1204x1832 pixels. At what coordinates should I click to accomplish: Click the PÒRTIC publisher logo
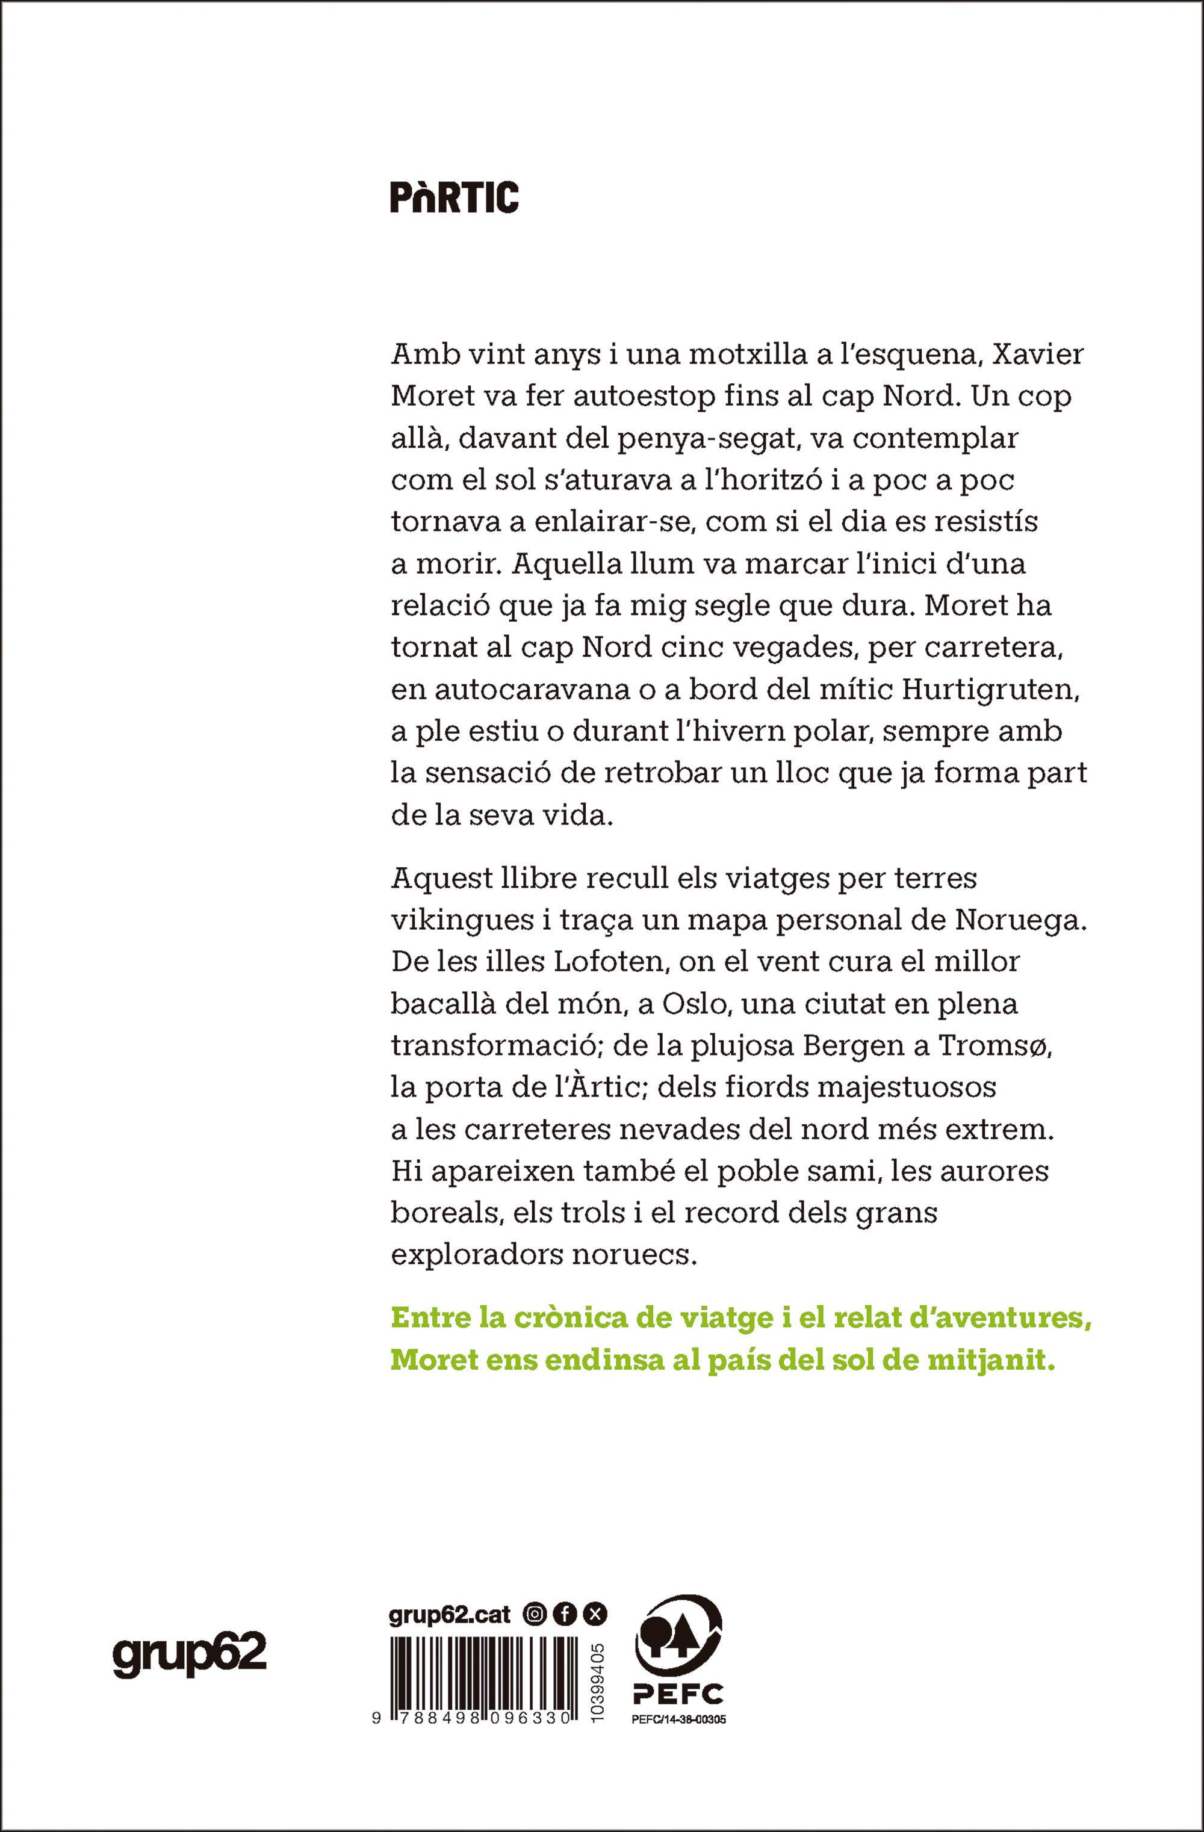pos(454,198)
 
